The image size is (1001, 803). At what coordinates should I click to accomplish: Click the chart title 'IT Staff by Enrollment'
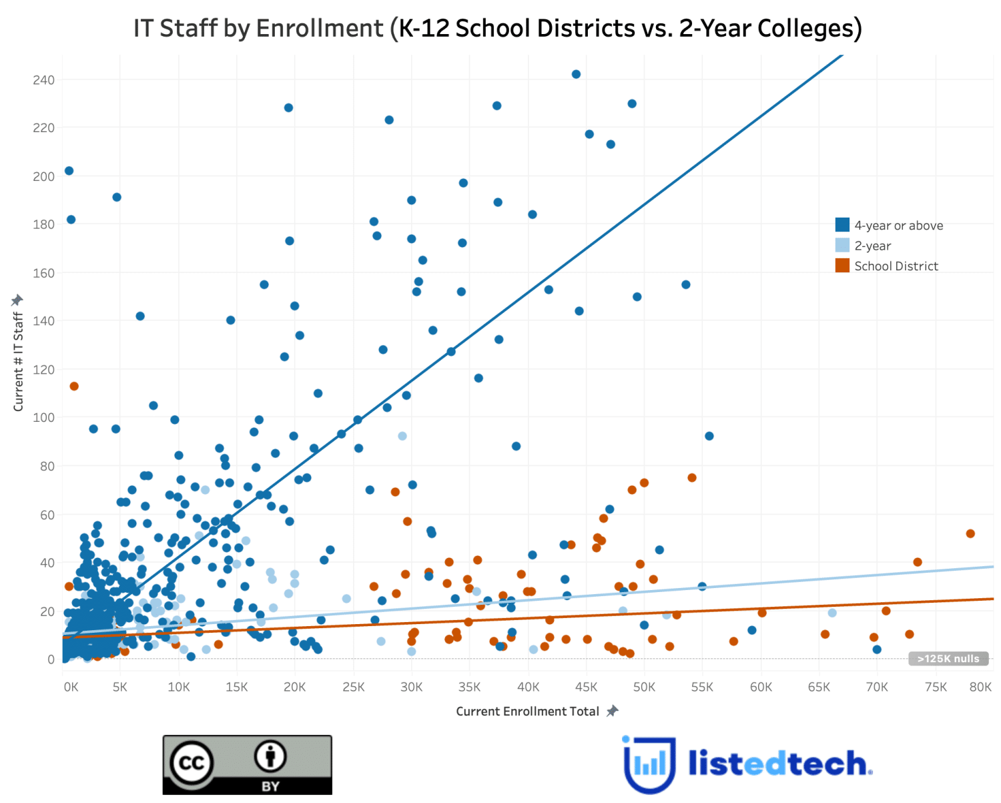pyautogui.click(x=497, y=28)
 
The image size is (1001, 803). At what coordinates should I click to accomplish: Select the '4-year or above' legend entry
pyautogui.click(x=898, y=226)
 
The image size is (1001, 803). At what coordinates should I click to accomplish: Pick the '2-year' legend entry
pyautogui.click(x=872, y=246)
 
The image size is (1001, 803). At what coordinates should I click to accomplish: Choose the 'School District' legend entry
pyautogui.click(x=895, y=266)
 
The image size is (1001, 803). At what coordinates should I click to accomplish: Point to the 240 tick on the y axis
pyautogui.click(x=43, y=80)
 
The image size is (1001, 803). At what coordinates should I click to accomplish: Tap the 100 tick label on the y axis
pyautogui.click(x=43, y=418)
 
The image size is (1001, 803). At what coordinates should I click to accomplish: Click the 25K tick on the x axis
pyautogui.click(x=353, y=687)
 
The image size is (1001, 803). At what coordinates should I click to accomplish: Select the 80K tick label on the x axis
pyautogui.click(x=980, y=687)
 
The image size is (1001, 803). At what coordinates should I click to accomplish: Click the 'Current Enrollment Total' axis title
pyautogui.click(x=527, y=712)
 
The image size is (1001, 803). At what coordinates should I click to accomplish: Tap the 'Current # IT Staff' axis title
pyautogui.click(x=19, y=361)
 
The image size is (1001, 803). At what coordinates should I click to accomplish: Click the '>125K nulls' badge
pyautogui.click(x=948, y=659)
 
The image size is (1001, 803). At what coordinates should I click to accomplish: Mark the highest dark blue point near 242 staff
pyautogui.click(x=576, y=74)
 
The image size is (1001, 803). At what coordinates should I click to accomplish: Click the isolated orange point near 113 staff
pyautogui.click(x=74, y=386)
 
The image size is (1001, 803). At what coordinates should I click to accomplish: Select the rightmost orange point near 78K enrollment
pyautogui.click(x=970, y=533)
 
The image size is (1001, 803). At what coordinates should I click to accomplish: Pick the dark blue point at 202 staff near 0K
pyautogui.click(x=69, y=171)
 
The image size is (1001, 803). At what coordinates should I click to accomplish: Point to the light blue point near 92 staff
pyautogui.click(x=402, y=436)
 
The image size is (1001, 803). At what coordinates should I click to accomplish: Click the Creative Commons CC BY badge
pyautogui.click(x=248, y=765)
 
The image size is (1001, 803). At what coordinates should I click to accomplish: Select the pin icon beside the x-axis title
pyautogui.click(x=612, y=711)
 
